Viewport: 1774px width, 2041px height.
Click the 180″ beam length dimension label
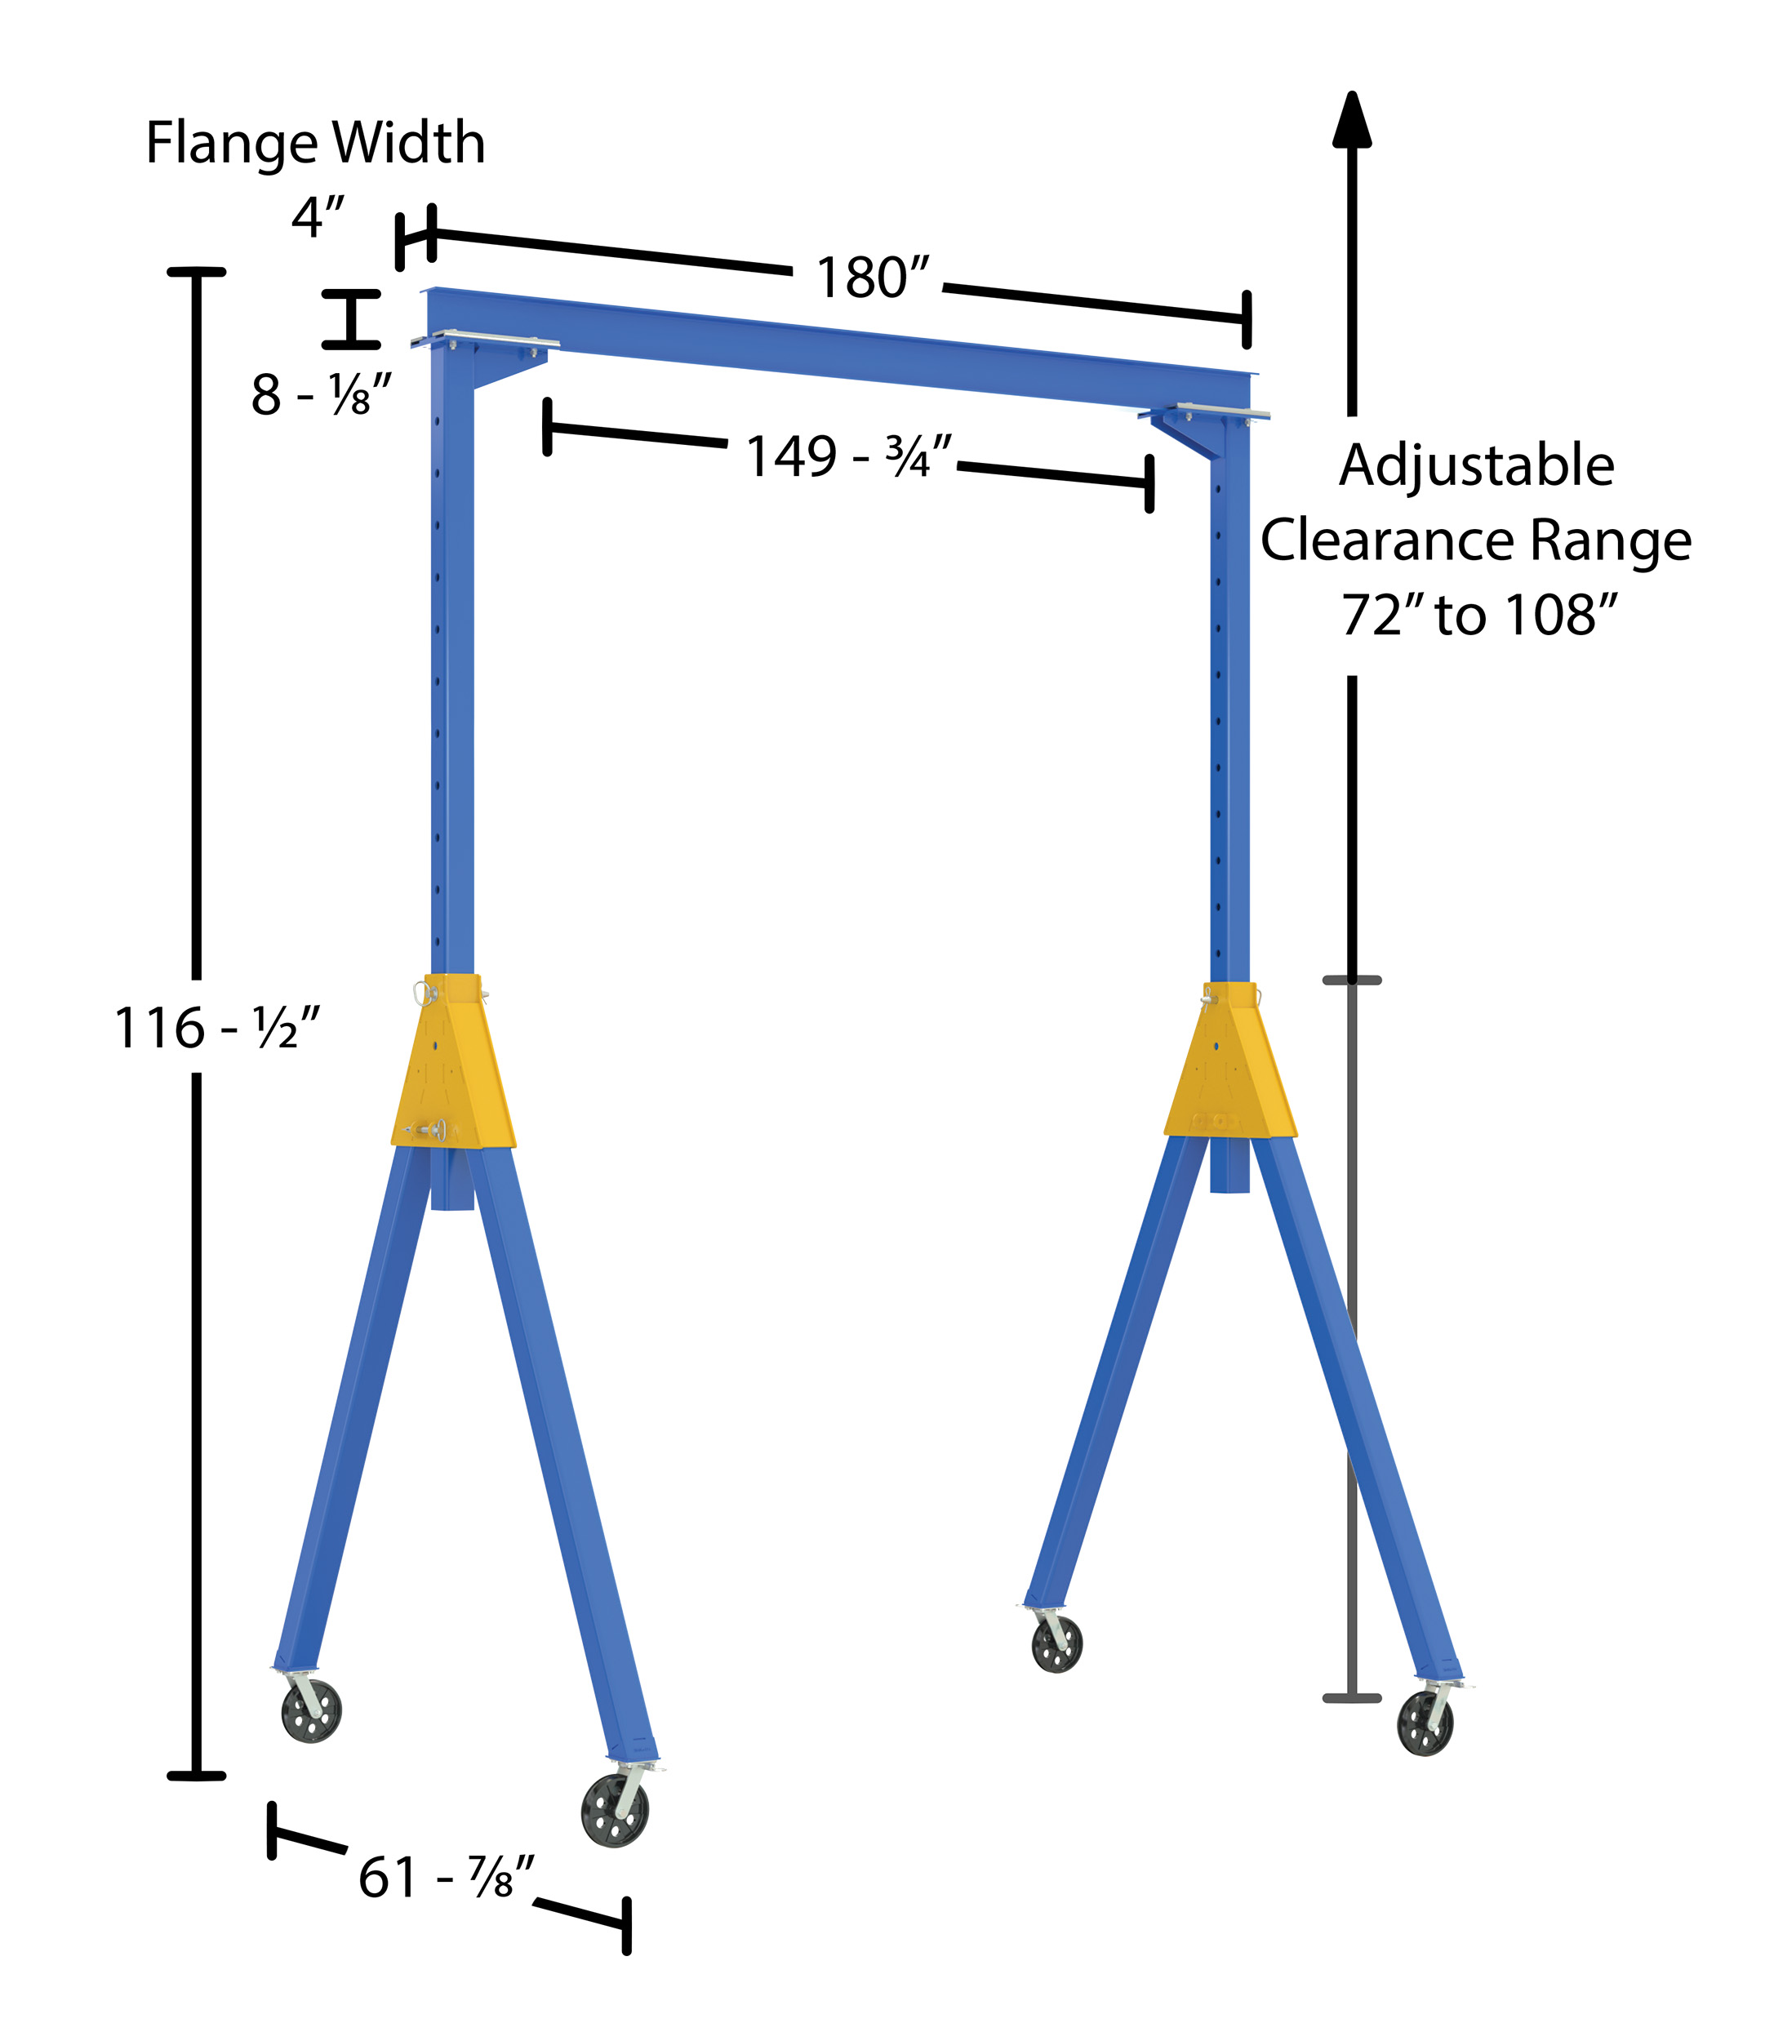[874, 278]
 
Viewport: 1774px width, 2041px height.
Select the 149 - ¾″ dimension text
[848, 456]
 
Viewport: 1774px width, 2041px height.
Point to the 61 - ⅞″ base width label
[446, 1877]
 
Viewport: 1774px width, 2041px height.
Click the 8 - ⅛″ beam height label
[322, 395]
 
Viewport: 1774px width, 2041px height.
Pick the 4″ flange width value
[318, 217]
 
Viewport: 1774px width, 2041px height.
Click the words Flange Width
[316, 143]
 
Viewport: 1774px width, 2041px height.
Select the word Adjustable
[1476, 466]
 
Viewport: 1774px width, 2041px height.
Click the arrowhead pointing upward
[1351, 118]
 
